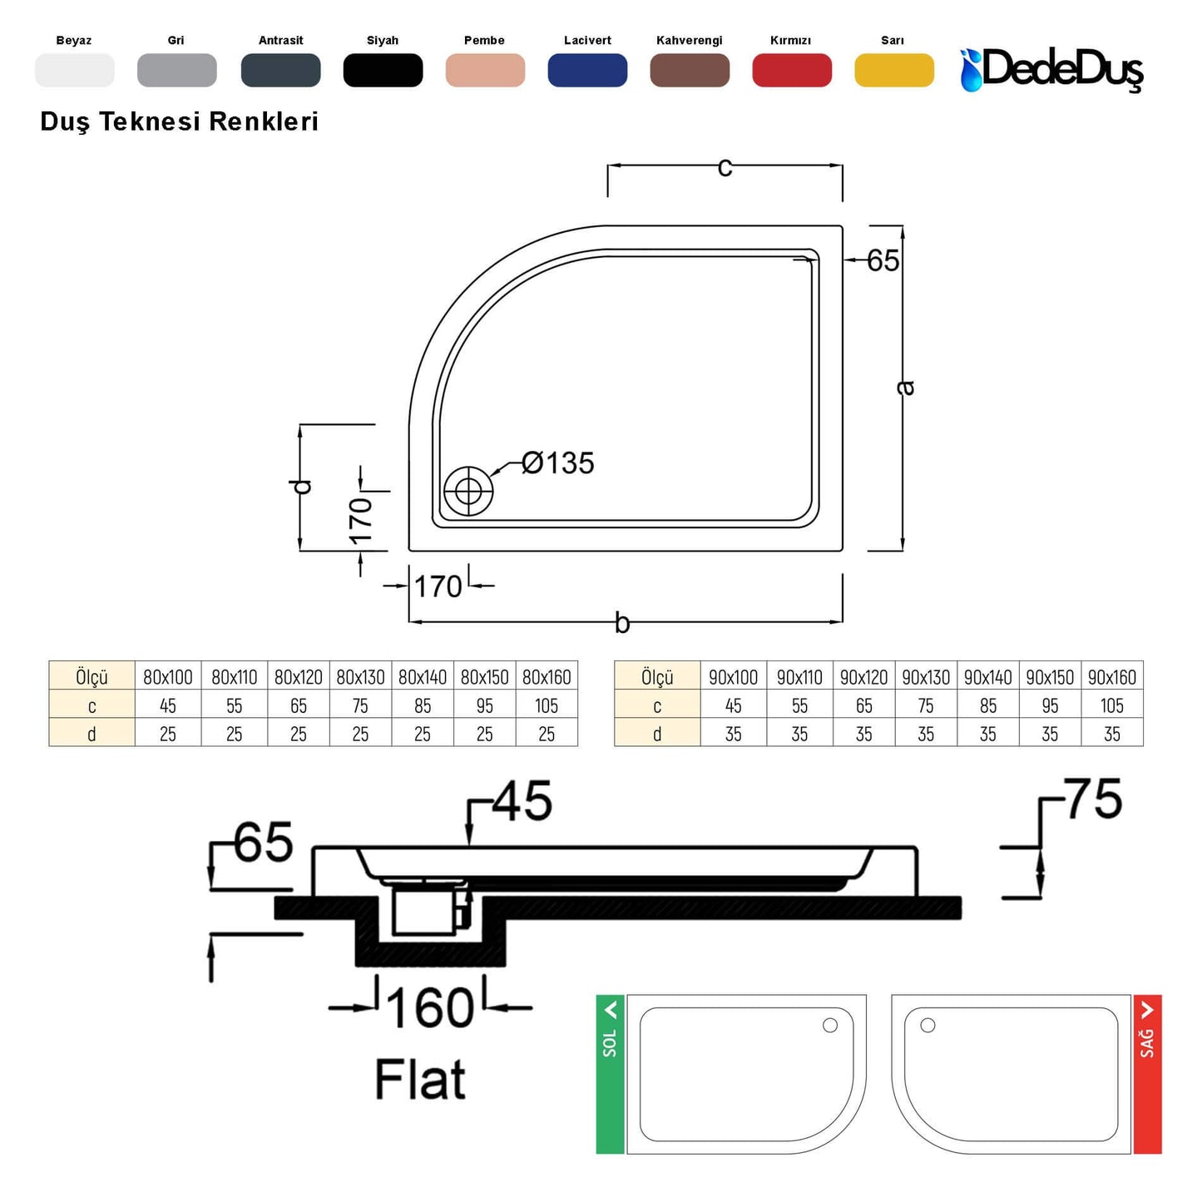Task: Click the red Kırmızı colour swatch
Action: pyautogui.click(x=792, y=70)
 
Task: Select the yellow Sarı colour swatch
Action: pyautogui.click(x=894, y=70)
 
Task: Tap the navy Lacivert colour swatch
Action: pyautogui.click(x=587, y=70)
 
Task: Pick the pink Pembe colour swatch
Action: pyautogui.click(x=485, y=70)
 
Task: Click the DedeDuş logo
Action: pyautogui.click(x=1051, y=69)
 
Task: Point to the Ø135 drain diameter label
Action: pyautogui.click(x=557, y=462)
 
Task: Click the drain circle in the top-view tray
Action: pyautogui.click(x=468, y=492)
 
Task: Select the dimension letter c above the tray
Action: pyautogui.click(x=725, y=167)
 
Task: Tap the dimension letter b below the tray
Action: pyautogui.click(x=622, y=622)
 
